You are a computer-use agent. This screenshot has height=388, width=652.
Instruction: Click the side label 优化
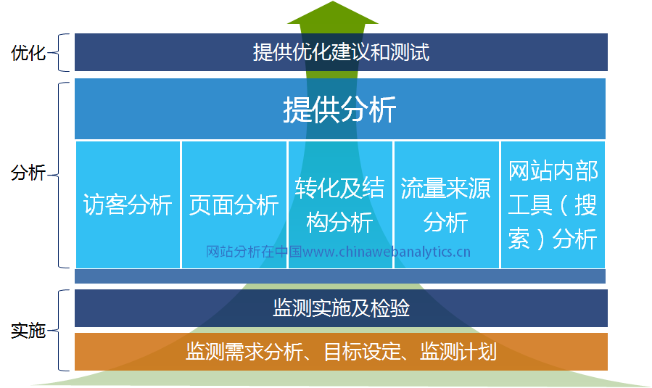pos(28,53)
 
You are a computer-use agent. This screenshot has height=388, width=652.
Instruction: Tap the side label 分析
pos(28,173)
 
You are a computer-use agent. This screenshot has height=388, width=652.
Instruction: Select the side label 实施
pos(28,331)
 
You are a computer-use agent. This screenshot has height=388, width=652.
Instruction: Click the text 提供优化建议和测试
pos(341,52)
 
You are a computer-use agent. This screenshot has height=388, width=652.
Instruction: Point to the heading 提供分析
pos(339,110)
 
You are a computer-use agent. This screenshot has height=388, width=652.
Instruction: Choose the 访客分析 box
pos(128,205)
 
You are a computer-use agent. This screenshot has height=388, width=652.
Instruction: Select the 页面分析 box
pos(234,205)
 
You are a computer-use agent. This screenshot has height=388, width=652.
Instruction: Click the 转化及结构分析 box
pos(340,205)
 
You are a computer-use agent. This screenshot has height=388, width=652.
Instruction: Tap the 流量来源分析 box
pos(446,205)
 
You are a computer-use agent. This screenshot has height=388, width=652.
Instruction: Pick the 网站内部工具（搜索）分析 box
pos(553,205)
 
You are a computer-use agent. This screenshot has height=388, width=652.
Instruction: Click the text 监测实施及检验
pos(341,308)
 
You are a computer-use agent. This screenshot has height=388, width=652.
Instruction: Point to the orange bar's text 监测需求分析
pos(244,352)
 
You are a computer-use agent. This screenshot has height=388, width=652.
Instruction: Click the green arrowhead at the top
pos(333,12)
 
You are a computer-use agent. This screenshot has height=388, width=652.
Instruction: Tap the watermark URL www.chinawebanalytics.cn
pos(387,252)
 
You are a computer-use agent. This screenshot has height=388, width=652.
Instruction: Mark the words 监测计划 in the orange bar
pos(458,352)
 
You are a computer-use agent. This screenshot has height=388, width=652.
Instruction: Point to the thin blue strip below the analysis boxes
pos(339,276)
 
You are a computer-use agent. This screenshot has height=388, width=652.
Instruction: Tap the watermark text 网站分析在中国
pos(254,252)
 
